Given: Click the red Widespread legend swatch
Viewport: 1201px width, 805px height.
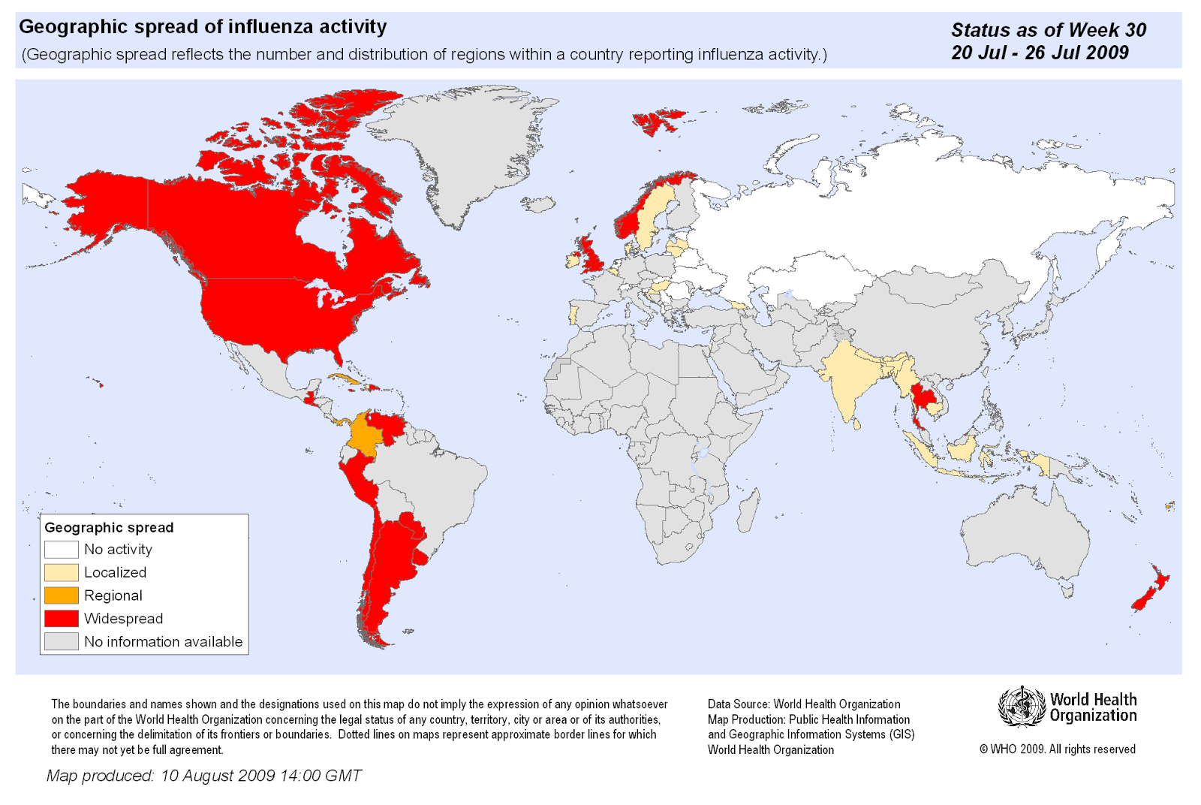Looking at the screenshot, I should (61, 618).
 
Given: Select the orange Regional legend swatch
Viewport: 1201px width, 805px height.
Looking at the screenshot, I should (61, 595).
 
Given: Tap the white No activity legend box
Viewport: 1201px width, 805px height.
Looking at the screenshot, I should (61, 550).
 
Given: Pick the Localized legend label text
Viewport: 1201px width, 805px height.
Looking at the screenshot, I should (115, 572).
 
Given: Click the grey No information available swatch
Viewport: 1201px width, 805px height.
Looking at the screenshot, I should (61, 641).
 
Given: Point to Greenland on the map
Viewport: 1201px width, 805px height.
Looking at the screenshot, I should (465, 150).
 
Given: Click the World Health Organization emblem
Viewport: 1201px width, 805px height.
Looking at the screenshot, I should (1021, 707).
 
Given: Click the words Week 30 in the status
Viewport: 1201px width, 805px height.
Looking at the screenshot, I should (1106, 30).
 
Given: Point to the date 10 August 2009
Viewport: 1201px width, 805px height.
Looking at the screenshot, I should (218, 776).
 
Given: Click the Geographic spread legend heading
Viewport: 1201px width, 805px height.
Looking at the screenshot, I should (109, 527).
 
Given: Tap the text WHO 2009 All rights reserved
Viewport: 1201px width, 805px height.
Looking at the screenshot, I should (1058, 749).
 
